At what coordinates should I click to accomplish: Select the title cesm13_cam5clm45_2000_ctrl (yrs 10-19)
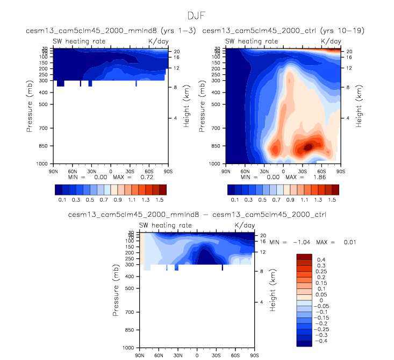coord(283,31)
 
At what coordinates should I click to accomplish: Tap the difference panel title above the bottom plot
coord(197,215)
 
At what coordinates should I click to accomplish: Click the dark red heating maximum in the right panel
coord(308,146)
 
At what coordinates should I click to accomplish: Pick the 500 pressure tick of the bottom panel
coord(128,288)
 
